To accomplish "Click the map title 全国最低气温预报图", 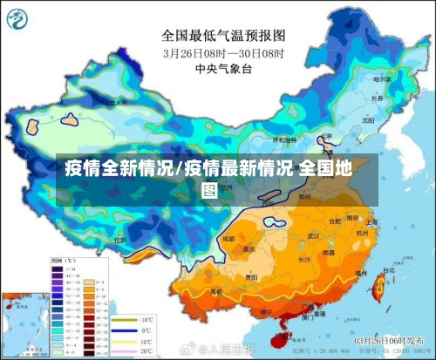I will [x=223, y=36].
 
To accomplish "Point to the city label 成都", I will [x=229, y=237].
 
